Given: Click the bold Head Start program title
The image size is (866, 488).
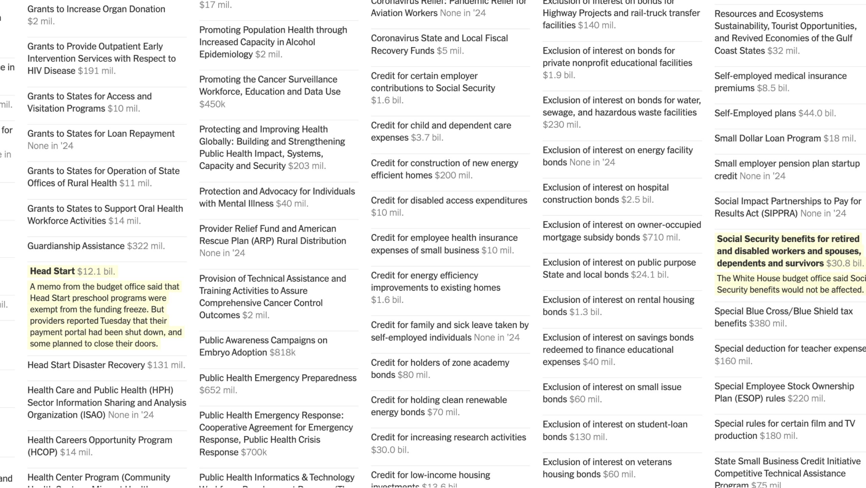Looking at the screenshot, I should pyautogui.click(x=52, y=271).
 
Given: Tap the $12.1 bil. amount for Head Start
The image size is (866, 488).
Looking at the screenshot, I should pyautogui.click(x=96, y=271).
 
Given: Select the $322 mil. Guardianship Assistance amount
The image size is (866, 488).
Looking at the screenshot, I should pyautogui.click(x=146, y=246).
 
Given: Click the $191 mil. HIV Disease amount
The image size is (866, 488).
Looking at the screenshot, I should pyautogui.click(x=97, y=71).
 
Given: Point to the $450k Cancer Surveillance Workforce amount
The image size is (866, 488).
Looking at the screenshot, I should pyautogui.click(x=212, y=104).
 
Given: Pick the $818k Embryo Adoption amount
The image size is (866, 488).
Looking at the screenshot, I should pyautogui.click(x=282, y=353).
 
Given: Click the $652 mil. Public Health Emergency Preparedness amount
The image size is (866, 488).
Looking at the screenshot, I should pyautogui.click(x=218, y=390).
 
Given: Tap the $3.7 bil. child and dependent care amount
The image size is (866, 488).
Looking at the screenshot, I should pyautogui.click(x=427, y=138).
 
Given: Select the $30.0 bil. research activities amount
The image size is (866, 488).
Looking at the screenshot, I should pyautogui.click(x=390, y=450).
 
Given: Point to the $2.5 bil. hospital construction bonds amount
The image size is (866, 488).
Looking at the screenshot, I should pyautogui.click(x=637, y=200).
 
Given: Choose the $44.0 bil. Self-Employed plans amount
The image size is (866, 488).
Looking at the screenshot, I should pyautogui.click(x=817, y=113).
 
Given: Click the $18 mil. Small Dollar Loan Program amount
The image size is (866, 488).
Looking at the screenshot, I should pyautogui.click(x=840, y=138).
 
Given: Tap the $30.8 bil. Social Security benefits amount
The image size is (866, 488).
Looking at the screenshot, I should pyautogui.click(x=845, y=263).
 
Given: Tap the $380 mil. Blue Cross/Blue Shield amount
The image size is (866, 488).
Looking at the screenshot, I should pyautogui.click(x=768, y=324).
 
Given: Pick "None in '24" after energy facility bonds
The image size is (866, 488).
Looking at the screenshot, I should pyautogui.click(x=592, y=162).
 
